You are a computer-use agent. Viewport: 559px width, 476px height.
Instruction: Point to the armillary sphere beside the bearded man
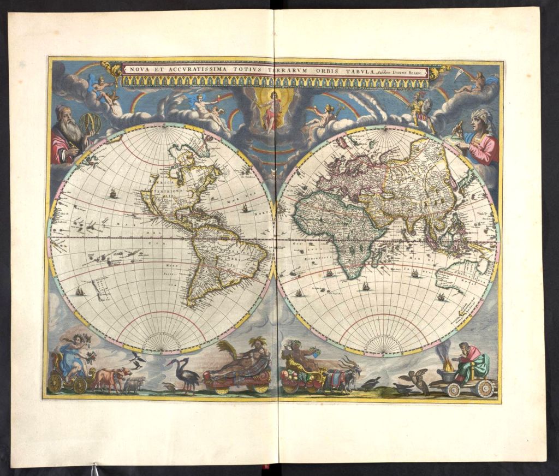pos(90,124)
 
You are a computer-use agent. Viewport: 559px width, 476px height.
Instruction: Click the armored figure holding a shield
pos(419,107)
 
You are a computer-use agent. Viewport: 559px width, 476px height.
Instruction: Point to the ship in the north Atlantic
pos(246,208)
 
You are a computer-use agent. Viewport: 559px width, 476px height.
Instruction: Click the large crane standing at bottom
pos(185,374)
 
